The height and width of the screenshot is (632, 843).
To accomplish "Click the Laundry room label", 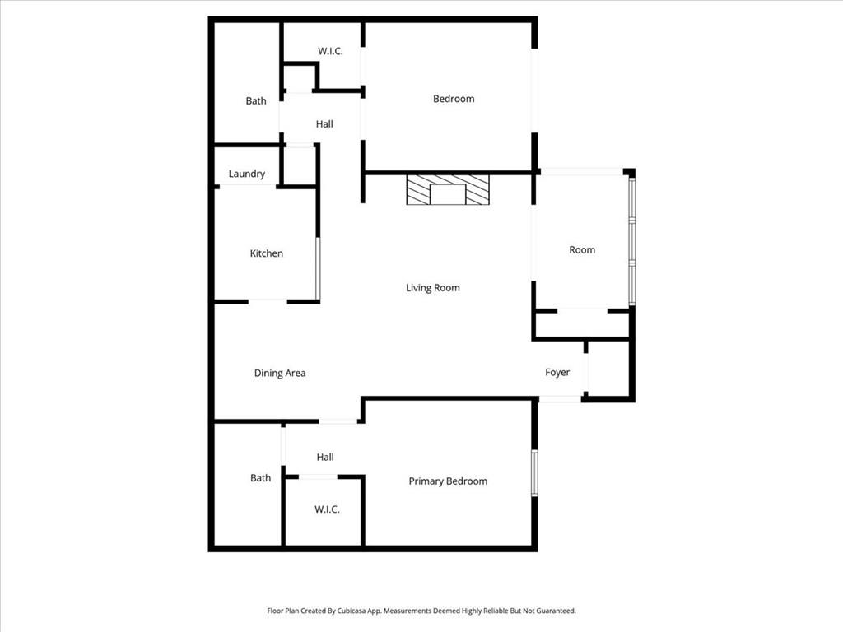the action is coord(247,174).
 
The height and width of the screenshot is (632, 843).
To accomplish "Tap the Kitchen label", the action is coord(266,253).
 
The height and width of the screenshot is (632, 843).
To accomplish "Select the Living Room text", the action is coord(433,287).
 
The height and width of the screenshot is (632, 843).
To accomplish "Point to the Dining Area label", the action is coord(280,373).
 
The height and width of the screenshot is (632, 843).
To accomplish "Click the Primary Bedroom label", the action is coord(448,481).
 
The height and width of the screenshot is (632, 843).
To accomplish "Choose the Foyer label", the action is coord(557,373).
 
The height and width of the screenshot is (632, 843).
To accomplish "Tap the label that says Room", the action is coord(582,250).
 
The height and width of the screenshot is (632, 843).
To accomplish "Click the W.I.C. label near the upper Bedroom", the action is coord(330,51).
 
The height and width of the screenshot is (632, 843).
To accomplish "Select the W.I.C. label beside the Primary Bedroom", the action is coord(327,509).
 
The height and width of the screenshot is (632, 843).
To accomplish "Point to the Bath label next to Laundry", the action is coord(256,100).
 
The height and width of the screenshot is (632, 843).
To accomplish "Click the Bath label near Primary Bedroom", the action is coord(260,478).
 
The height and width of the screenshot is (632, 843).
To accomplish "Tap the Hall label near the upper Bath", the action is coord(324,124).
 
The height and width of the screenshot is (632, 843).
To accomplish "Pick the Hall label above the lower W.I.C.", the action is coord(324,458).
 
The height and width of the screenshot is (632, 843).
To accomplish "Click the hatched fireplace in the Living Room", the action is coord(448,190).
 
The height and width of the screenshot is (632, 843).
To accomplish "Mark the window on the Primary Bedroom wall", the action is coord(534,473).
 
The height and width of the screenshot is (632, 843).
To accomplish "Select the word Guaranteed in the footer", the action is coord(557,611).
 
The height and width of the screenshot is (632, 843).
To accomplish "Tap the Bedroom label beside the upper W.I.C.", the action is coord(454,99).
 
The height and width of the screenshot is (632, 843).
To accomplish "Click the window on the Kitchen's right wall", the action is coord(318,269).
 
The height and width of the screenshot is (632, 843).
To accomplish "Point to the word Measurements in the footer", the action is coord(406,611).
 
